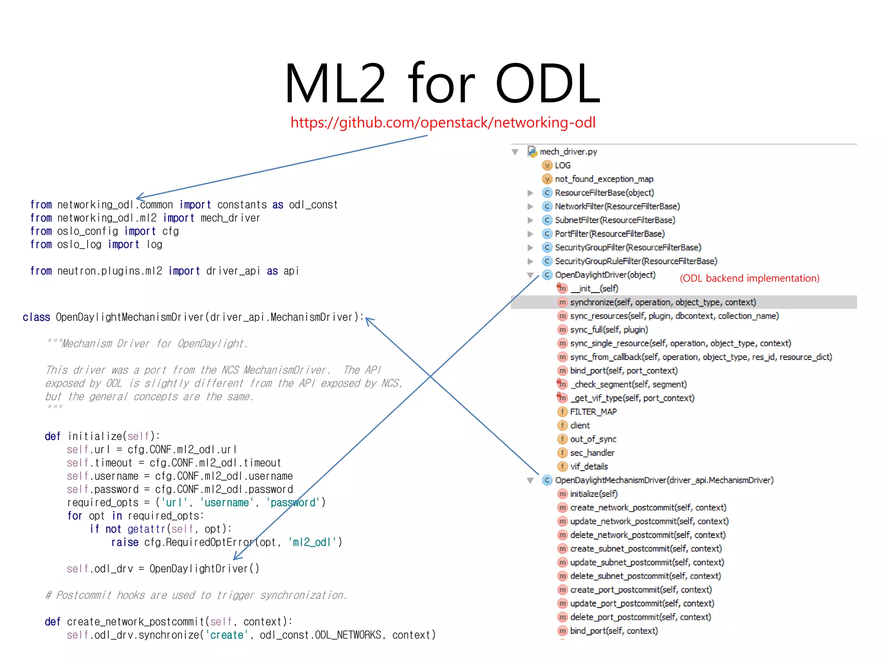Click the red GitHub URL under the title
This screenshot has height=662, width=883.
tap(443, 123)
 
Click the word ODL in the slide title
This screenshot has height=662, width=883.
tap(548, 84)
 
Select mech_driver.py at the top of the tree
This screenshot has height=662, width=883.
tap(568, 152)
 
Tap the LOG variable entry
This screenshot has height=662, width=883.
tap(562, 165)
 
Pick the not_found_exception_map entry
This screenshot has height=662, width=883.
tap(604, 179)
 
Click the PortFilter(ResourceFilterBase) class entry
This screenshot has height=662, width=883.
tap(609, 234)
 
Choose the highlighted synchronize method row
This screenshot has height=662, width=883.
tap(663, 303)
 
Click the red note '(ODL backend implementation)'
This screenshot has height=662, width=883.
tap(749, 278)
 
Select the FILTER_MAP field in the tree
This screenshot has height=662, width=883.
tap(593, 412)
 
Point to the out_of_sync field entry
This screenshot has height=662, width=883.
tap(593, 439)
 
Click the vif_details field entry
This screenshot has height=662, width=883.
tap(589, 467)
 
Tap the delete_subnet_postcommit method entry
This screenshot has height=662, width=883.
tap(645, 576)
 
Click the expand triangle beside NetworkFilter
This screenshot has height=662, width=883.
tap(530, 207)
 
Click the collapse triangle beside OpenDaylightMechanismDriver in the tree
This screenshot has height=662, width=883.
tap(530, 481)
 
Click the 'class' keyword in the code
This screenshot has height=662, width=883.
tap(36, 318)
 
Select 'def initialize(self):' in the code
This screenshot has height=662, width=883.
tap(102, 436)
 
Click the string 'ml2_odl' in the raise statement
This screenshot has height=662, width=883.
tap(312, 542)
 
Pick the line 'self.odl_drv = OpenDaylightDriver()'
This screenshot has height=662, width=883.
tap(163, 569)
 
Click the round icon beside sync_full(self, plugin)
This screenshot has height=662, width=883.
tap(562, 330)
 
